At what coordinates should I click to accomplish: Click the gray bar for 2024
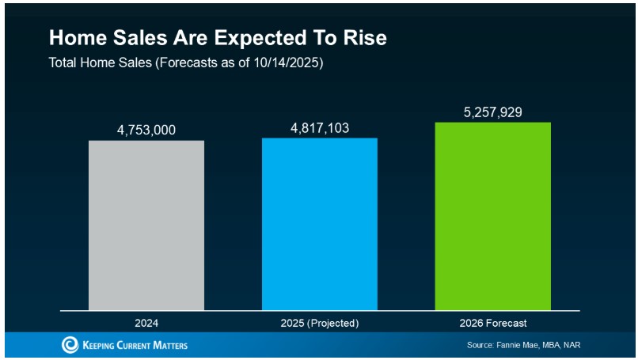point(146,225)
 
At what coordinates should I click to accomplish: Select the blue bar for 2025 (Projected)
point(320,224)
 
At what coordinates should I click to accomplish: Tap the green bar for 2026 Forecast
point(492,216)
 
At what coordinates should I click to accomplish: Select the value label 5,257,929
point(492,112)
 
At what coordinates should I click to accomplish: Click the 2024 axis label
point(146,323)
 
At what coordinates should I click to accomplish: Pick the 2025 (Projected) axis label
point(320,323)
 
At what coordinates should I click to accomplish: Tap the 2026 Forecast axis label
point(492,323)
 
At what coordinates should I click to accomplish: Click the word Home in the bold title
point(74,38)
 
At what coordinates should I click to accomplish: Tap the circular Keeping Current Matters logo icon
point(70,345)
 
